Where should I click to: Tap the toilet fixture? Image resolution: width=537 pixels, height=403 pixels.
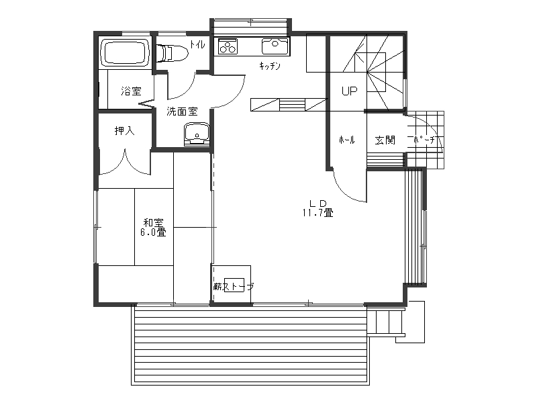pyautogui.click(x=172, y=53)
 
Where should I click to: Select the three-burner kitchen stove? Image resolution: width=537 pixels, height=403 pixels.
pyautogui.click(x=228, y=46)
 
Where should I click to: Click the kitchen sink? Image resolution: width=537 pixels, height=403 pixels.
pyautogui.click(x=275, y=46)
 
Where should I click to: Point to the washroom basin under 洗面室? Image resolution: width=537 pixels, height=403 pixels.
pyautogui.click(x=197, y=133)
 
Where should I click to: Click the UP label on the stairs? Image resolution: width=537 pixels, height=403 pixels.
pyautogui.click(x=349, y=91)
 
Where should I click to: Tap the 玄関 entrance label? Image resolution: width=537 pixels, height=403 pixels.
pyautogui.click(x=385, y=140)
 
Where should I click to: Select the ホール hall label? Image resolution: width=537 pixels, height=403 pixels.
pyautogui.click(x=346, y=140)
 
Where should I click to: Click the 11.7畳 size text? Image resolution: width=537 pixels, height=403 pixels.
pyautogui.click(x=318, y=213)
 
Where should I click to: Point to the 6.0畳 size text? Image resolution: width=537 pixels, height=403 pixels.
pyautogui.click(x=153, y=232)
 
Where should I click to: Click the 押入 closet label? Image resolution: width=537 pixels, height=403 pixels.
pyautogui.click(x=125, y=130)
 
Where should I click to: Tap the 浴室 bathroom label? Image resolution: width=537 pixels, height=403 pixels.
pyautogui.click(x=131, y=91)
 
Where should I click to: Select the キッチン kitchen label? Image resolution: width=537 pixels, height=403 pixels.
pyautogui.click(x=270, y=66)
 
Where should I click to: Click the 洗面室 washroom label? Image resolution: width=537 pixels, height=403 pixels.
pyautogui.click(x=182, y=111)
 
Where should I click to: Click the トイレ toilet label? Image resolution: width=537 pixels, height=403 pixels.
pyautogui.click(x=197, y=44)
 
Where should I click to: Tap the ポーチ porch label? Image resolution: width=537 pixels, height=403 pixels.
pyautogui.click(x=424, y=140)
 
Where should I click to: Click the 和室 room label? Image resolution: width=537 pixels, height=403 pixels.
pyautogui.click(x=154, y=223)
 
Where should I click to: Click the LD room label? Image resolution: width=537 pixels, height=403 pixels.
pyautogui.click(x=318, y=203)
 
